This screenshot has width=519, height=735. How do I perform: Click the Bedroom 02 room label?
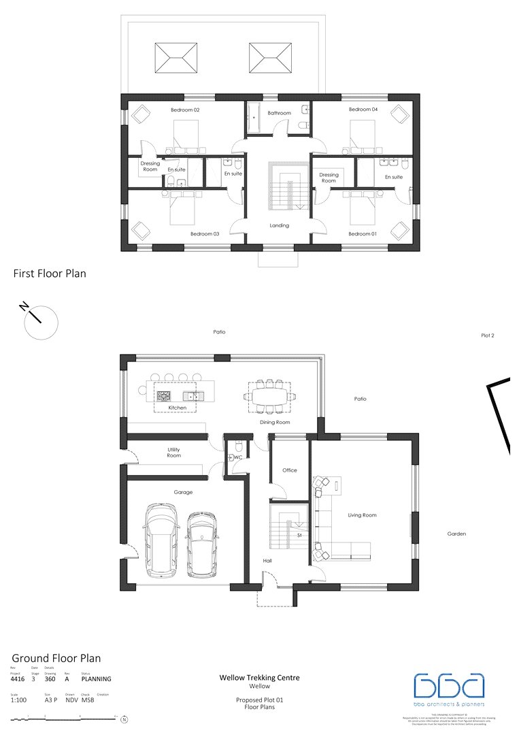185,110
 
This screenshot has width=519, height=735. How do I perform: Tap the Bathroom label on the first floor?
279,113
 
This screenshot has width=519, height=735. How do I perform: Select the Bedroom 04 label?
363,110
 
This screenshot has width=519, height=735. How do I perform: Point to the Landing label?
279,225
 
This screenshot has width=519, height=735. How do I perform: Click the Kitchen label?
178,408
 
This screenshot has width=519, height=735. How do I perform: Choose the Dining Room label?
275,422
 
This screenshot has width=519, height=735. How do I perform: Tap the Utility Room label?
174,452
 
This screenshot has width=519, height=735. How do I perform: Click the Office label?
290,470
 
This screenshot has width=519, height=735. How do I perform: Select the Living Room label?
363,515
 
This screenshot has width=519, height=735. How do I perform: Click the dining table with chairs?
270,395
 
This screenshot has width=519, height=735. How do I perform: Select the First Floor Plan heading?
50,274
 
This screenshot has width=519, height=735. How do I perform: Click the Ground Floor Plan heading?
56,658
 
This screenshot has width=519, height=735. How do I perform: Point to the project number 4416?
17,679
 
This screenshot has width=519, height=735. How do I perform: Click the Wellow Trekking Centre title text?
259,678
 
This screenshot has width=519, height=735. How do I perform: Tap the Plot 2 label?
487,336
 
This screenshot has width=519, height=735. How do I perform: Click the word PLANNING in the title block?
96,679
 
